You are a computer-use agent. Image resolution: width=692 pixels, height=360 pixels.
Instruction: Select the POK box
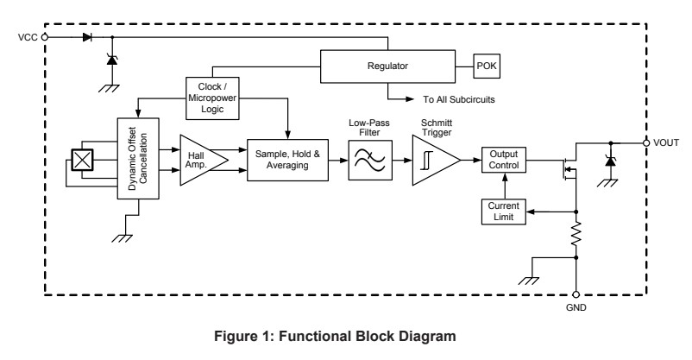(486, 65)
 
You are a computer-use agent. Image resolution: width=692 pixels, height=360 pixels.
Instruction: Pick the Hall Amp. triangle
(201, 160)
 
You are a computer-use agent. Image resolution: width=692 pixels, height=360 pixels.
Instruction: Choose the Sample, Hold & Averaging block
(287, 159)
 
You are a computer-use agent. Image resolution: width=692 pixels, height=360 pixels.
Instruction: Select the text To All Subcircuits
(458, 99)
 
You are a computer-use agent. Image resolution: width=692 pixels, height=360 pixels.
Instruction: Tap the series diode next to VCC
(88, 38)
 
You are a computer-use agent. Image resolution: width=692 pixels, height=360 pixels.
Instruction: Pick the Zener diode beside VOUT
(610, 160)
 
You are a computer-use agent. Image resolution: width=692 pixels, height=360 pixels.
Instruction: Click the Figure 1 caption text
(346, 336)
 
